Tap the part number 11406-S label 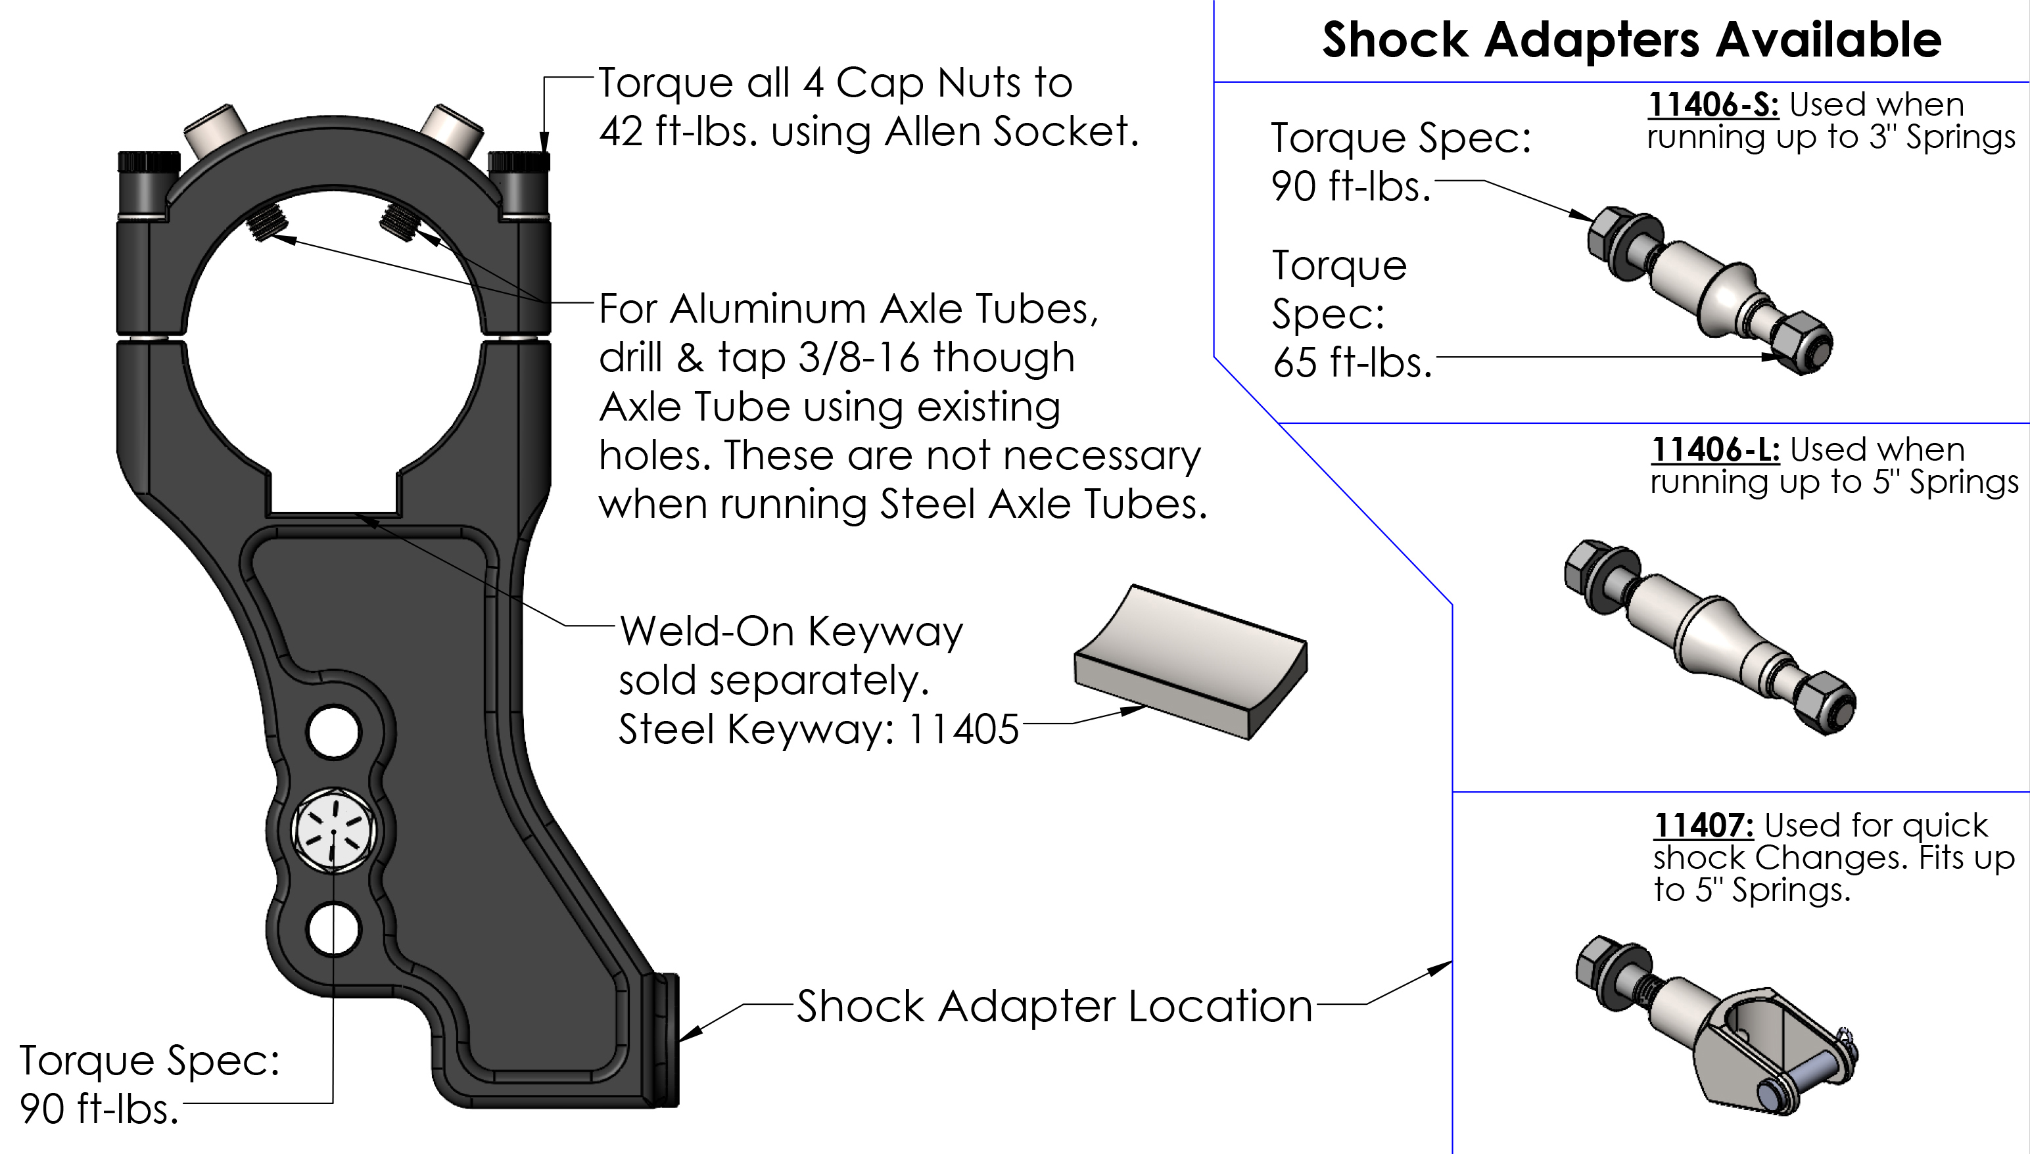pyautogui.click(x=1714, y=104)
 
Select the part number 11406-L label pyautogui.click(x=1715, y=450)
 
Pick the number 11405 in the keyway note pyautogui.click(x=962, y=729)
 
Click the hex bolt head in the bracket pyautogui.click(x=334, y=831)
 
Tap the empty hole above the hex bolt pyautogui.click(x=333, y=731)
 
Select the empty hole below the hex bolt pyautogui.click(x=333, y=929)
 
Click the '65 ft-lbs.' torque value pyautogui.click(x=1352, y=363)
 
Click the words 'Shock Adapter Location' pyautogui.click(x=1054, y=1007)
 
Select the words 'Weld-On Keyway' pyautogui.click(x=790, y=632)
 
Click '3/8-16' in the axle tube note pyautogui.click(x=859, y=358)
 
